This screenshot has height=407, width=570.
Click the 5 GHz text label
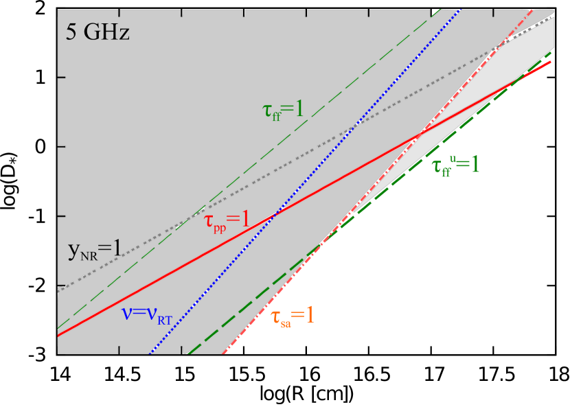[x=98, y=32]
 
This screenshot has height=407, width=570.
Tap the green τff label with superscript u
[x=455, y=165]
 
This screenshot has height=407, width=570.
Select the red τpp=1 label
[x=226, y=221]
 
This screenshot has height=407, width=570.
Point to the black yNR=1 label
[x=94, y=251]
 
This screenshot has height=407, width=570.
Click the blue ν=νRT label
[x=146, y=314]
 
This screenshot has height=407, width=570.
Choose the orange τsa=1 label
[x=292, y=316]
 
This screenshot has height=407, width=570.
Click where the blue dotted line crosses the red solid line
[x=275, y=215]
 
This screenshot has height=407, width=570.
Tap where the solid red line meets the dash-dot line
[x=420, y=132]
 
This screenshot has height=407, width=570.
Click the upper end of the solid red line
[x=551, y=62]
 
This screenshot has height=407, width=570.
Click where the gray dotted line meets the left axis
[x=58, y=290]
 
